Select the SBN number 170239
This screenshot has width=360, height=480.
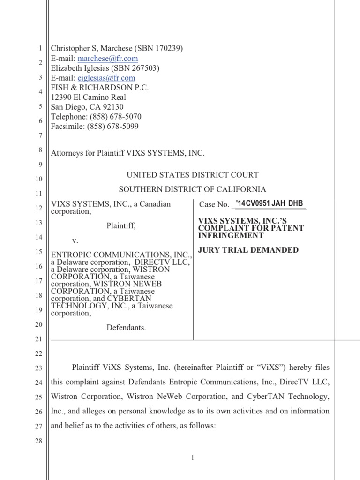pos(168,48)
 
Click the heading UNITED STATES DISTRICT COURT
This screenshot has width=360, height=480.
pos(192,175)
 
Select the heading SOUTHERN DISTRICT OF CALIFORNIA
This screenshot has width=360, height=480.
pos(192,189)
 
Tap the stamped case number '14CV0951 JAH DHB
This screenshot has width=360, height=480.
pos(269,203)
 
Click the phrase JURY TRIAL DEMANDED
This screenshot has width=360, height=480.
pos(248,250)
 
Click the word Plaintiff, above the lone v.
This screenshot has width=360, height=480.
pos(121,226)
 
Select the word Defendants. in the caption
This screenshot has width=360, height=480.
pos(127,328)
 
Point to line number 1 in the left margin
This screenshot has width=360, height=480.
pos(41,48)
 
